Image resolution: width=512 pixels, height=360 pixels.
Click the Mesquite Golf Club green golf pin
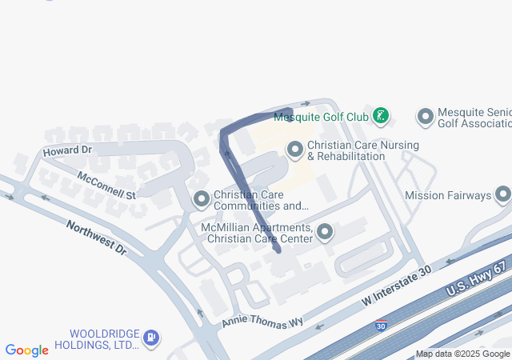(382, 117)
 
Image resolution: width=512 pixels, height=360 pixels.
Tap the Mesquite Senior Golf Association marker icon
(426, 117)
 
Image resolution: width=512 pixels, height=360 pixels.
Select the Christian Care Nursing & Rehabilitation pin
(295, 150)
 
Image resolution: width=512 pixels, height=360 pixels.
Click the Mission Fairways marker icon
(503, 194)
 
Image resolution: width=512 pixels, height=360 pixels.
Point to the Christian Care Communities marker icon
(202, 198)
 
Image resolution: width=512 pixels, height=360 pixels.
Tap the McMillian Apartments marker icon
(325, 233)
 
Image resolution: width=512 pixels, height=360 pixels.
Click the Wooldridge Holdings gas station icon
(151, 339)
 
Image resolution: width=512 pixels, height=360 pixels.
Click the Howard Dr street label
(68, 150)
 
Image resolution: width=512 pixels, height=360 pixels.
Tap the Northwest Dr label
(96, 238)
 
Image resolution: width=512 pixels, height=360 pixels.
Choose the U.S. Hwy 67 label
(478, 279)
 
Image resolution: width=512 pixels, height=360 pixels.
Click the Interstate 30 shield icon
(382, 326)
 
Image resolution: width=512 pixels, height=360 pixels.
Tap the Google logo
(27, 350)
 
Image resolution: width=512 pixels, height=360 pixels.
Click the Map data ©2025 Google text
(462, 354)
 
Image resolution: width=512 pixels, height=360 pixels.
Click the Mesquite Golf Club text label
(321, 117)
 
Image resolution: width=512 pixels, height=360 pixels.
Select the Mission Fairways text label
(448, 194)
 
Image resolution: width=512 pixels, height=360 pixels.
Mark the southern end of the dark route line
(277, 250)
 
